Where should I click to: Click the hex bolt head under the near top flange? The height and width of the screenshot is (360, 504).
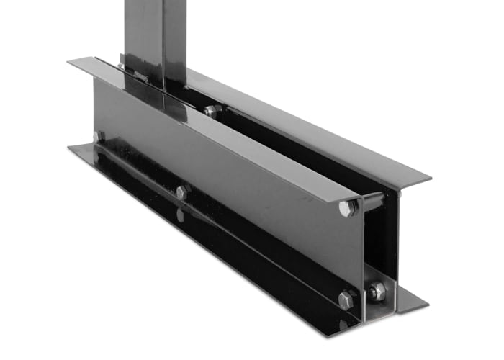pos(347,208)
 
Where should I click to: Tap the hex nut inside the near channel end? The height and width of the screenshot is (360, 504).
pos(377,292)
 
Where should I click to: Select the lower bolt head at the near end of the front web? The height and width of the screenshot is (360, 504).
pos(346,300)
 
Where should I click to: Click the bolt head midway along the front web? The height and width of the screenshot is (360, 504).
pos(183,192)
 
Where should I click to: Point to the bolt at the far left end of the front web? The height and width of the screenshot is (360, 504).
pos(99,136)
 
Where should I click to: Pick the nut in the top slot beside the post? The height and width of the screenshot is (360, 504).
pos(212,111)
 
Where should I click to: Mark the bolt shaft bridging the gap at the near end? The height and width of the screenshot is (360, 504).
pos(371,203)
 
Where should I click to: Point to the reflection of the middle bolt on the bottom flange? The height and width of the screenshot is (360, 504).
pos(180,215)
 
